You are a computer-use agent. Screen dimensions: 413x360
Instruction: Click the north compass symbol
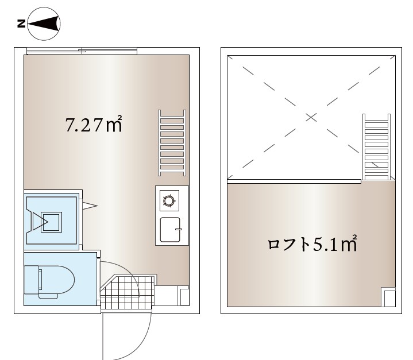(44, 24)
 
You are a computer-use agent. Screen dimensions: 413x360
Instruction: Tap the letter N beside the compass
(21, 24)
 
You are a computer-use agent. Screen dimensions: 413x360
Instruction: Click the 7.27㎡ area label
(94, 124)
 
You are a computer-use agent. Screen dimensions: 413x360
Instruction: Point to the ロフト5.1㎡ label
(312, 243)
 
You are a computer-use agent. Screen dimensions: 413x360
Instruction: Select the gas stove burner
(169, 201)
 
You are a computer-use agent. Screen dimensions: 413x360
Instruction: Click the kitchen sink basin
(171, 230)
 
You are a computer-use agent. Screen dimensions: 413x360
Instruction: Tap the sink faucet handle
(179, 230)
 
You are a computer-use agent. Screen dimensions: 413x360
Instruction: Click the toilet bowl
(56, 280)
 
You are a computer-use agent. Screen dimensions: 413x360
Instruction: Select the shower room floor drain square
(51, 222)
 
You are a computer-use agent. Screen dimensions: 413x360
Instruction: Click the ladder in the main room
(172, 143)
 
